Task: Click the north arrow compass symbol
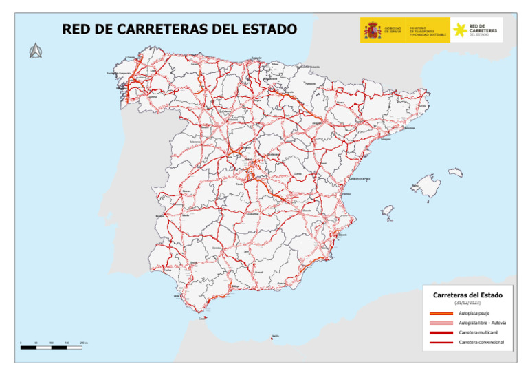pos(36,51)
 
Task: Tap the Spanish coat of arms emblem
pos(372,30)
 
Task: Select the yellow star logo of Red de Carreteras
pos(459,30)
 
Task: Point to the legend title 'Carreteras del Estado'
pos(467,295)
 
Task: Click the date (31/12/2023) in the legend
pos(467,303)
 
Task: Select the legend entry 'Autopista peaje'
pos(474,313)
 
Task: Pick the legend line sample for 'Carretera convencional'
pos(439,342)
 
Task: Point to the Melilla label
pos(276,336)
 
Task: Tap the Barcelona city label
pos(410,128)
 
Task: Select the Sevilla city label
pos(195,262)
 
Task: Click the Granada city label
pos(259,272)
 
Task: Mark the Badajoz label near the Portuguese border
pos(160,216)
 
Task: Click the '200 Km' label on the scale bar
pos(85,342)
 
